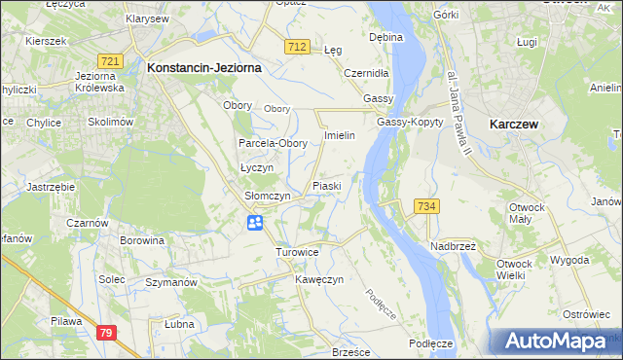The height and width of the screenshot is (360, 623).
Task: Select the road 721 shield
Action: tap(111, 61)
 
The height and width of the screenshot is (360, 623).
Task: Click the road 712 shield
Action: tap(298, 47)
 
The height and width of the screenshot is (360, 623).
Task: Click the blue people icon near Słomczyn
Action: tap(254, 224)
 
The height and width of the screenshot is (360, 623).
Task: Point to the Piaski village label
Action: tap(326, 185)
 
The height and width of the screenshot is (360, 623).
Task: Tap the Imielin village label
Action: tap(346, 135)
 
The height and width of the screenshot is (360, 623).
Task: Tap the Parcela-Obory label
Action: tap(274, 143)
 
